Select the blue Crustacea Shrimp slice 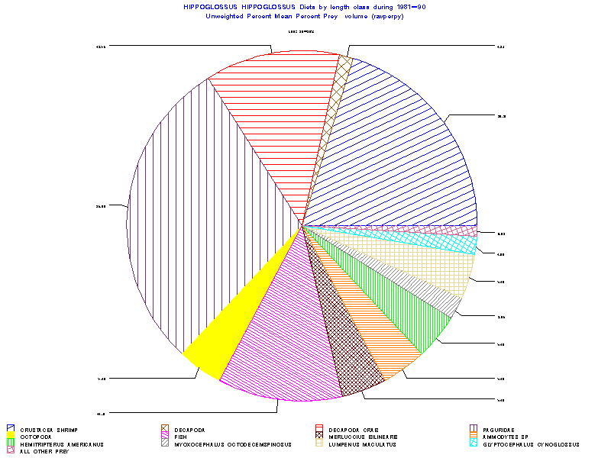(397, 153)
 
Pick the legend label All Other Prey (47, 451)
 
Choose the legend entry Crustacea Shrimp (50, 429)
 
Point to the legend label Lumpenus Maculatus (362, 443)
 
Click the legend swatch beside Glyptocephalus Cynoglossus (474, 443)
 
